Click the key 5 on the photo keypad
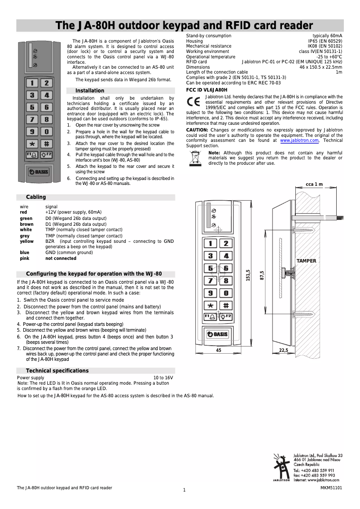32,107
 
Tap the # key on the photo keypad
46,144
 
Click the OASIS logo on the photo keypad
39,171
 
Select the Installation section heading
90,91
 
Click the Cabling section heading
36,197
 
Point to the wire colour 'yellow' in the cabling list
26,241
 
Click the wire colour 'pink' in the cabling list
24,259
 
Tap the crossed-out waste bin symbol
195,158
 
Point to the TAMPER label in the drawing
306,261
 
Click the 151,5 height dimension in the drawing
248,276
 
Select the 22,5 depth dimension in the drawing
283,350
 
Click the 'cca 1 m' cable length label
314,184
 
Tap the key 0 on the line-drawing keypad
226,293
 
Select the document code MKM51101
331,487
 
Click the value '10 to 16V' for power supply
163,378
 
